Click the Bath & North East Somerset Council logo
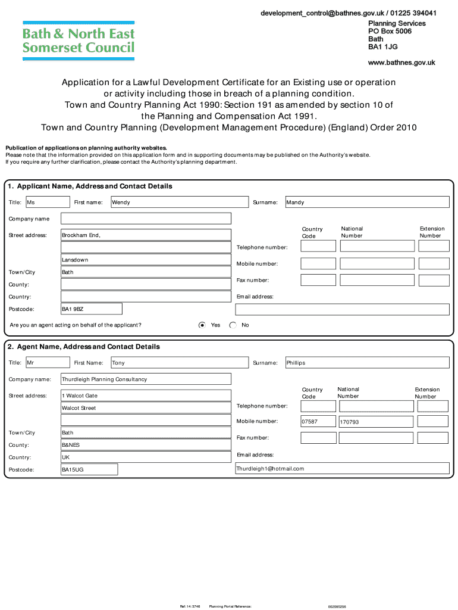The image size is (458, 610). pyautogui.click(x=78, y=41)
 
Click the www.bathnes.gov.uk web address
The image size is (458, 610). pyautogui.click(x=401, y=63)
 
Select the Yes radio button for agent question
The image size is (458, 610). pyautogui.click(x=202, y=325)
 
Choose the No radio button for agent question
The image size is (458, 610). pyautogui.click(x=233, y=325)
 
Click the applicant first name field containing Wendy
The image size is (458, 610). pyautogui.click(x=179, y=203)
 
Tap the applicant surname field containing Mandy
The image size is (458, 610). pyautogui.click(x=367, y=203)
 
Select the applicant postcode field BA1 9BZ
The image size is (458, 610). pyautogui.click(x=92, y=309)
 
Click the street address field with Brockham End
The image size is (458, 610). pyautogui.click(x=146, y=235)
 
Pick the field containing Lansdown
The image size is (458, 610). pyautogui.click(x=146, y=260)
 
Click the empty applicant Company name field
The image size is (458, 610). pyautogui.click(x=146, y=219)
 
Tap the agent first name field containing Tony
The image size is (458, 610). pyautogui.click(x=179, y=363)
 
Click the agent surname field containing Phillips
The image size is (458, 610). pyautogui.click(x=367, y=363)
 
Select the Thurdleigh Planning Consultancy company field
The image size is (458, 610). pyautogui.click(x=146, y=379)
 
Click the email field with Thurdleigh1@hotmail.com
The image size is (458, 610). pyautogui.click(x=342, y=469)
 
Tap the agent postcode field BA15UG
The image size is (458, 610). pyautogui.click(x=89, y=470)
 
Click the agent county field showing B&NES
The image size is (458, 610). pyautogui.click(x=146, y=445)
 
